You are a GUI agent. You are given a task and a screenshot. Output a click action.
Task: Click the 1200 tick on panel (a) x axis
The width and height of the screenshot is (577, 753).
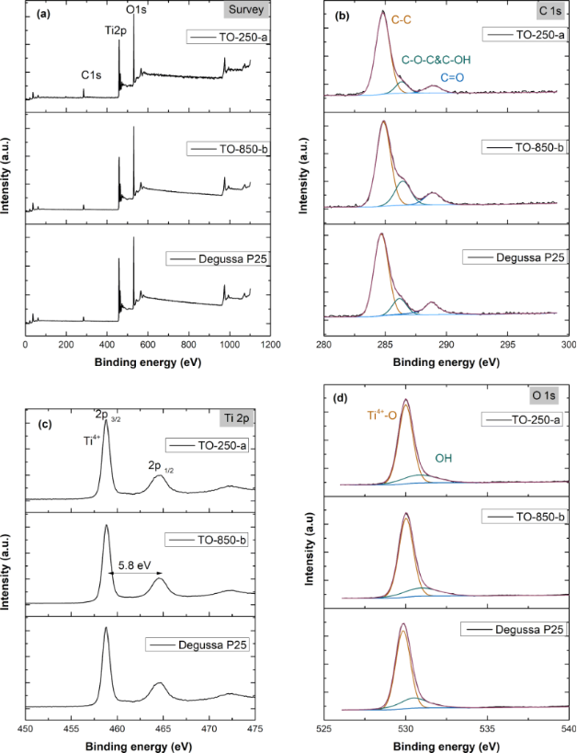click(x=268, y=344)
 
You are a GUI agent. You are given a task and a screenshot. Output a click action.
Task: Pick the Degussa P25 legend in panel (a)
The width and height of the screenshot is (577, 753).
click(x=215, y=258)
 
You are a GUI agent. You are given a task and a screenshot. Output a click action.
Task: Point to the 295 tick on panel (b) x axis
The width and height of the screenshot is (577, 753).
click(x=507, y=344)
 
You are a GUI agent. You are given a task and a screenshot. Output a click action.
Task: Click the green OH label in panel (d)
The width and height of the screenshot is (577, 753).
click(x=443, y=457)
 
